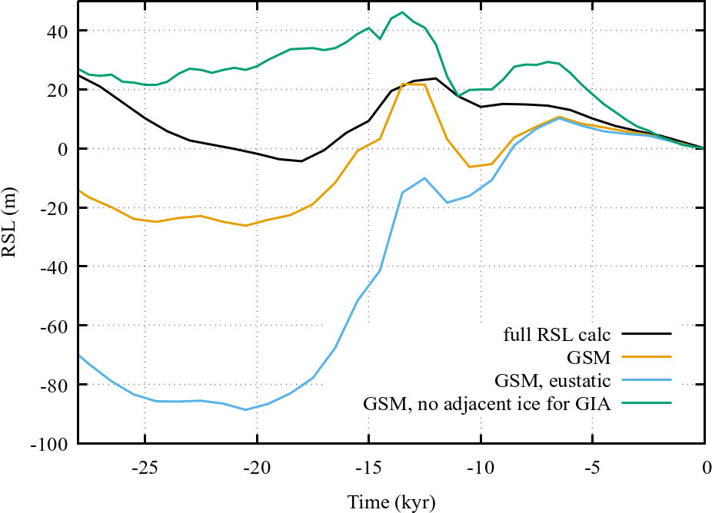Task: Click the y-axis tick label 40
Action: pyautogui.click(x=59, y=31)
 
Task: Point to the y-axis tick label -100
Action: pyautogui.click(x=53, y=444)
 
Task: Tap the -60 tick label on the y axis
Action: pyautogui.click(x=56, y=326)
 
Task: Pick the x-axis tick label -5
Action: pyautogui.click(x=593, y=465)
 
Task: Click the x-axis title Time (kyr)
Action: pyautogui.click(x=391, y=501)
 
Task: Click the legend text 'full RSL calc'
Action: pyautogui.click(x=557, y=334)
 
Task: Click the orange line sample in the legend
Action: pyautogui.click(x=647, y=356)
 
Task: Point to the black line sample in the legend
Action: pyautogui.click(x=647, y=334)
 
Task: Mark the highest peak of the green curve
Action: pyautogui.click(x=402, y=12)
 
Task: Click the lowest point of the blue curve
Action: pyautogui.click(x=246, y=409)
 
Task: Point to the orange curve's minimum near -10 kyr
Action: pyautogui.click(x=470, y=167)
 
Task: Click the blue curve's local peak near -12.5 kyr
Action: pyautogui.click(x=425, y=178)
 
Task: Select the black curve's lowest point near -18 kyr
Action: pyautogui.click(x=301, y=161)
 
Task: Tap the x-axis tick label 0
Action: pyautogui.click(x=704, y=465)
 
